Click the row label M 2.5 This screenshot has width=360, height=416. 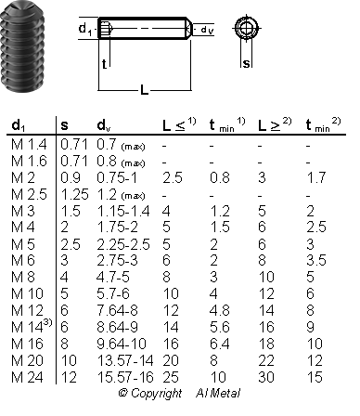29,194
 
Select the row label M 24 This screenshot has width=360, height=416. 27,377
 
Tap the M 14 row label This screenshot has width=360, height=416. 32,326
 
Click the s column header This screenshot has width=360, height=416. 64,125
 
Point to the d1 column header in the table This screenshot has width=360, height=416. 19,125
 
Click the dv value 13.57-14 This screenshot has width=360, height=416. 125,360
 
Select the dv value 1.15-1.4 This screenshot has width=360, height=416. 123,211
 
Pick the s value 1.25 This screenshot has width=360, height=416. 74,194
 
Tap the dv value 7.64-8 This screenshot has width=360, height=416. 117,310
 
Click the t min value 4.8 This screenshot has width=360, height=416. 220,310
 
